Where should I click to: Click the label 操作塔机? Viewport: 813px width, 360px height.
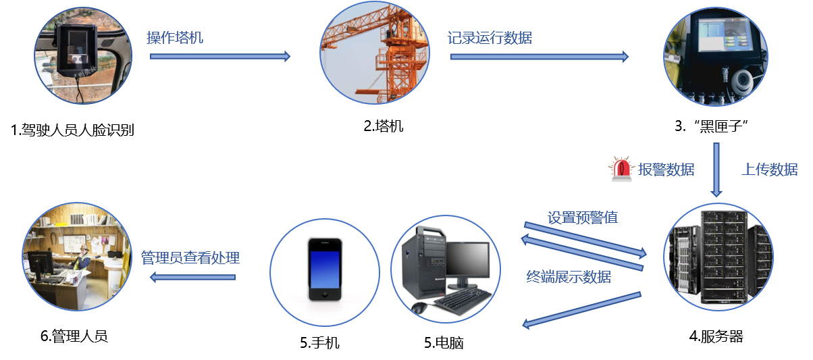point(175,38)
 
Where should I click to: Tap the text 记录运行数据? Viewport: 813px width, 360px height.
point(490,38)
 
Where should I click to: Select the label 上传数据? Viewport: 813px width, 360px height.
point(769,170)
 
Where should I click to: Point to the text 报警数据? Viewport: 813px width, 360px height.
point(666,170)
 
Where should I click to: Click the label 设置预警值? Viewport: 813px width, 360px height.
point(582,218)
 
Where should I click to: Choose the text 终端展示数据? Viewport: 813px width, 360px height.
point(569,276)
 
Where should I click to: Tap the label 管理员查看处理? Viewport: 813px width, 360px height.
point(190,258)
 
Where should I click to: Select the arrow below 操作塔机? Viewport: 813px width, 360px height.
point(220,57)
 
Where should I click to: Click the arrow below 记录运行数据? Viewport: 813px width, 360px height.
point(540,57)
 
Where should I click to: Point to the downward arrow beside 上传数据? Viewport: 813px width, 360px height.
point(716,170)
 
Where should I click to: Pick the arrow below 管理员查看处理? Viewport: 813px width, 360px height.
point(192,276)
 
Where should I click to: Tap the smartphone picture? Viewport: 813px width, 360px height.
point(324,269)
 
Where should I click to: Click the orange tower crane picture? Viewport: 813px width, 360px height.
point(373,53)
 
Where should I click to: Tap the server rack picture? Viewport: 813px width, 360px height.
point(718,257)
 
